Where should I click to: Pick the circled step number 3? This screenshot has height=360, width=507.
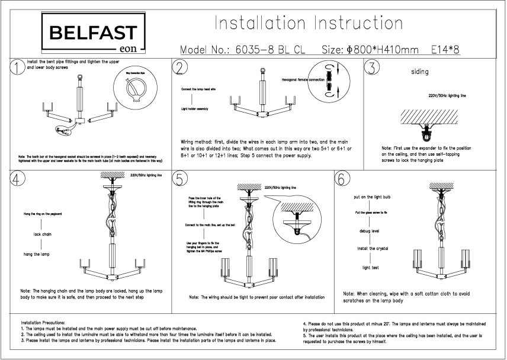pos(371,67)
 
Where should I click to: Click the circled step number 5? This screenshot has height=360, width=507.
pos(180,179)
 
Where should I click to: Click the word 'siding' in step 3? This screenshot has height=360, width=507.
pos(419,73)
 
